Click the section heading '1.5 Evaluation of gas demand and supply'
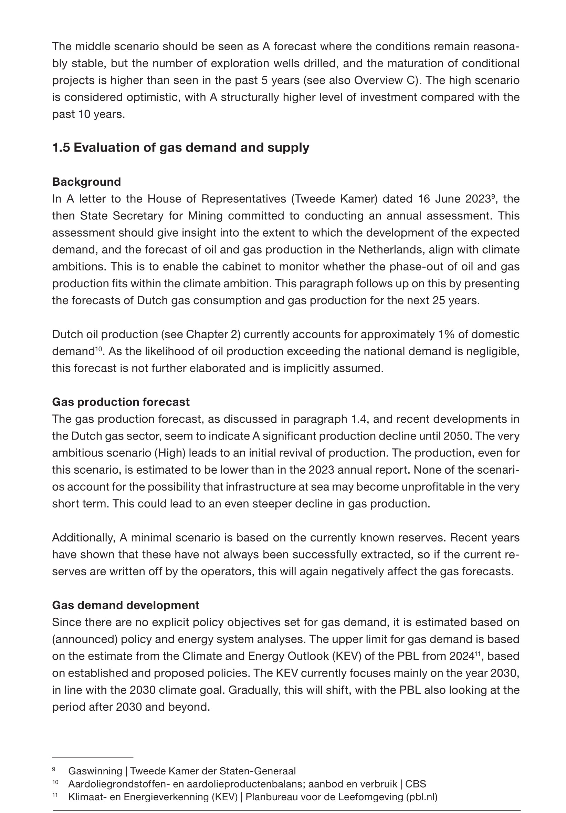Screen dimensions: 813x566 click(180, 148)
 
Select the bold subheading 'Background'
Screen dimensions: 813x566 click(86, 182)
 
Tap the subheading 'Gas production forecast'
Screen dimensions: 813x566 click(121, 402)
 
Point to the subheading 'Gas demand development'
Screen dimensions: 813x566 click(126, 605)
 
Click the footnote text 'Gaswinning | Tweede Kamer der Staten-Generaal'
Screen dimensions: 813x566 click(182, 771)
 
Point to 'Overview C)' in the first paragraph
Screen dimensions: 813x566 click(388, 81)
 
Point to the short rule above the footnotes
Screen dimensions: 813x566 click(92, 758)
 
